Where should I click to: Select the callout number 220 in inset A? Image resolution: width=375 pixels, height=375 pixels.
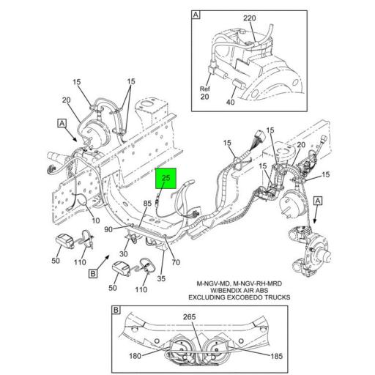(249, 17)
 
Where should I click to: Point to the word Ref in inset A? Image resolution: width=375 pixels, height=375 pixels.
(205, 88)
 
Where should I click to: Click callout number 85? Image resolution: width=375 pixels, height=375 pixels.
(147, 204)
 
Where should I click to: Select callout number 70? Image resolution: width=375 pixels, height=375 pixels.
(176, 261)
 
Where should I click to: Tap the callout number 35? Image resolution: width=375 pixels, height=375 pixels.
(160, 278)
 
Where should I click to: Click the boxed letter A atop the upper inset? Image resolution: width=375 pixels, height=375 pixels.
(196, 14)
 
